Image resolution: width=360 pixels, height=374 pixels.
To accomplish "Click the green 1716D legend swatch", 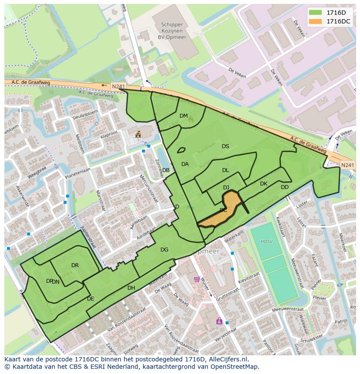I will [316, 13].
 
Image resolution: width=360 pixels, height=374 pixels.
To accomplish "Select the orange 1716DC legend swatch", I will [316, 21].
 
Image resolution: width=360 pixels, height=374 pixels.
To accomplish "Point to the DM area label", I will [183, 116].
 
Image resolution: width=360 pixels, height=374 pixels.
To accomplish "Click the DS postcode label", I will [225, 146].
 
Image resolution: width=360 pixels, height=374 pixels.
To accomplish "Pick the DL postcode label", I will [225, 170].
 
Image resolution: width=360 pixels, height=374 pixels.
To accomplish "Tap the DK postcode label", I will [263, 184].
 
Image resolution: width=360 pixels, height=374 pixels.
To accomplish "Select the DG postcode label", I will [164, 250].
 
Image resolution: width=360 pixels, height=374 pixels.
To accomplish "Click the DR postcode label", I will [75, 265].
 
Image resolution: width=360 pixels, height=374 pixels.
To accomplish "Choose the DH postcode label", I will [131, 288].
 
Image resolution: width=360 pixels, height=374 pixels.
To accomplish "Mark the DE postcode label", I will [90, 299].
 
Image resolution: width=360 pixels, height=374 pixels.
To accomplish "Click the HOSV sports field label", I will [266, 242].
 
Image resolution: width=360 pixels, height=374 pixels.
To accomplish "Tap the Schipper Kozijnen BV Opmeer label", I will [171, 31].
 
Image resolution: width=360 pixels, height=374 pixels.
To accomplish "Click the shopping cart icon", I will [197, 279].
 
